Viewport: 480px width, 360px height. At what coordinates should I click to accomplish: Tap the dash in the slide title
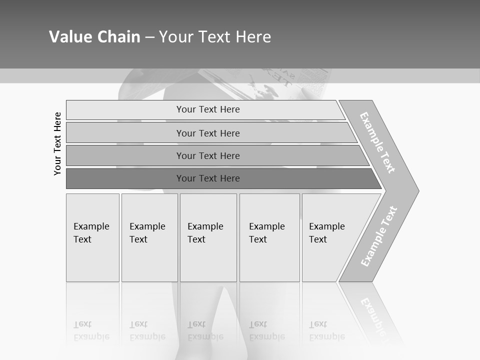(x=149, y=37)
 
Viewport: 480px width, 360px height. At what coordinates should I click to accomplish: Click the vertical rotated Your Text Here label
(x=57, y=143)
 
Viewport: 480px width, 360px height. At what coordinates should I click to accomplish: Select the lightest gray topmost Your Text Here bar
(x=207, y=109)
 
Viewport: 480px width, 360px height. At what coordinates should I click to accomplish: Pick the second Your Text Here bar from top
(x=207, y=133)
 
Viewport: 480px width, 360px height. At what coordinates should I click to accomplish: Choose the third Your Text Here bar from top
(x=207, y=156)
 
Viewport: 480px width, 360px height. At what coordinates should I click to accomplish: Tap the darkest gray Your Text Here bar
(x=207, y=178)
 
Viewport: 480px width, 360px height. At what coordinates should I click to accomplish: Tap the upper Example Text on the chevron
(x=377, y=142)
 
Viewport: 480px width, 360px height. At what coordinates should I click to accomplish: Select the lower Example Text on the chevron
(x=379, y=236)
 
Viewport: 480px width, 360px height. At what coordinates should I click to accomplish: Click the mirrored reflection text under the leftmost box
(x=91, y=330)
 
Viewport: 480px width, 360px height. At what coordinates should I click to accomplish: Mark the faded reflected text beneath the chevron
(x=374, y=315)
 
